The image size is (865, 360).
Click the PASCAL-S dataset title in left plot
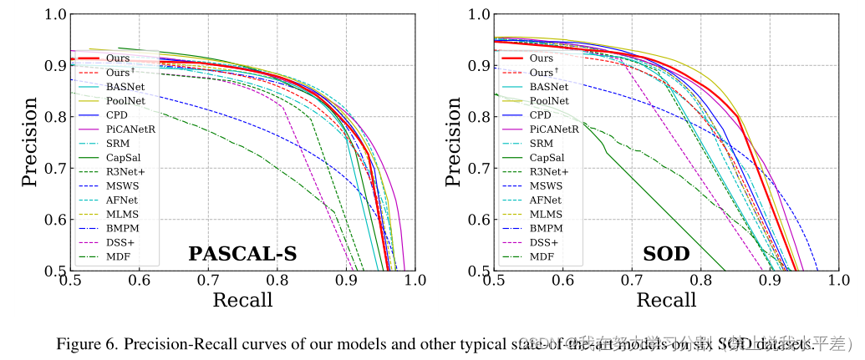click(242, 253)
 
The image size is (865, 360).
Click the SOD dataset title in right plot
click(666, 253)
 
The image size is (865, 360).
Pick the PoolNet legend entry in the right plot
click(548, 100)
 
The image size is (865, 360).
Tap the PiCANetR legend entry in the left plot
click(129, 129)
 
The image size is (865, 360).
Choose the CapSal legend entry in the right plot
click(546, 157)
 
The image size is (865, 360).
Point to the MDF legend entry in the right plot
click(542, 256)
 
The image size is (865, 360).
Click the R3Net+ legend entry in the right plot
click(547, 171)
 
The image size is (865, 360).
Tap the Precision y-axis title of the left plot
click(29, 142)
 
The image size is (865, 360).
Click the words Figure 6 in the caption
click(83, 343)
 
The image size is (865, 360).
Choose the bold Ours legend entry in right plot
click(541, 58)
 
